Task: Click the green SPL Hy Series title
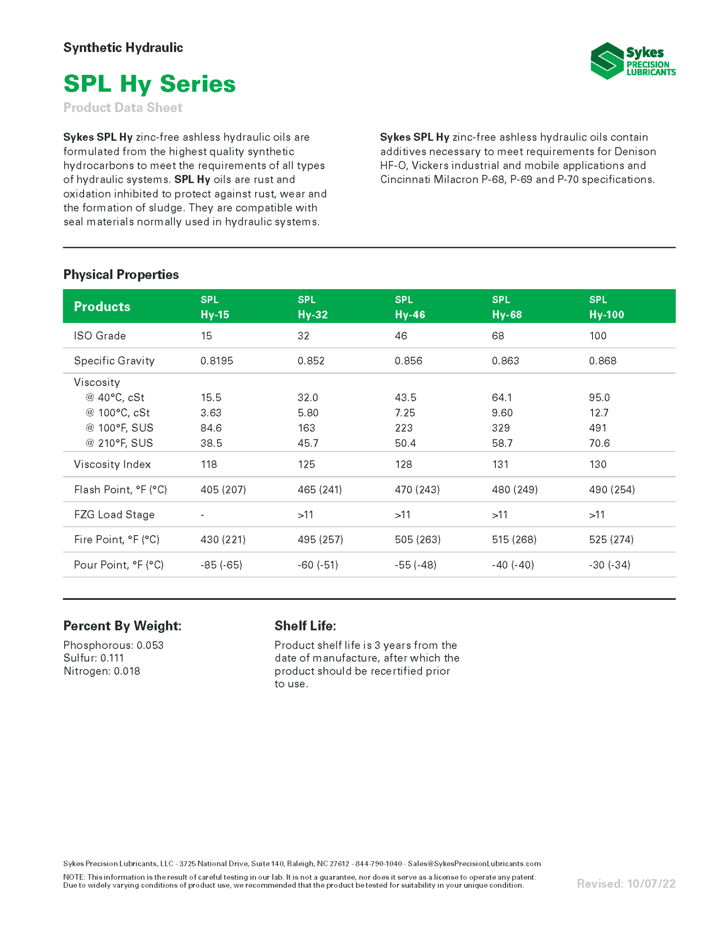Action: pyautogui.click(x=149, y=84)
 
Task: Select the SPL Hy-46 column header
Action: pyautogui.click(x=409, y=307)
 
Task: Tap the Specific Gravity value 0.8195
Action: pyautogui.click(x=217, y=361)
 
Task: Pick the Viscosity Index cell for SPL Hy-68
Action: pyautogui.click(x=500, y=464)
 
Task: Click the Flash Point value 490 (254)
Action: pyautogui.click(x=612, y=489)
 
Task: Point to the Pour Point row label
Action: pyautogui.click(x=119, y=565)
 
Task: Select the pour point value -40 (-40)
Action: pyautogui.click(x=513, y=565)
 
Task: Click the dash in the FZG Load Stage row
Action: pyautogui.click(x=203, y=515)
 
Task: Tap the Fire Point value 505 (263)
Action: pyautogui.click(x=417, y=539)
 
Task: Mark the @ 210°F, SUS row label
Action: pyautogui.click(x=119, y=443)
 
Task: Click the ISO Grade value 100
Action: pyautogui.click(x=598, y=336)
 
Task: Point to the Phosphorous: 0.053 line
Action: pyautogui.click(x=113, y=645)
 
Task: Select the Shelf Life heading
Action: pyautogui.click(x=305, y=626)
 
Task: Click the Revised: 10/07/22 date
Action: pyautogui.click(x=626, y=883)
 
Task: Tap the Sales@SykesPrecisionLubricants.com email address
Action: pyautogui.click(x=474, y=864)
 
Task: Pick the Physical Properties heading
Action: pyautogui.click(x=121, y=274)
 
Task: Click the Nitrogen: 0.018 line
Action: pyautogui.click(x=102, y=671)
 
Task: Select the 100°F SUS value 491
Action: pyautogui.click(x=598, y=428)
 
